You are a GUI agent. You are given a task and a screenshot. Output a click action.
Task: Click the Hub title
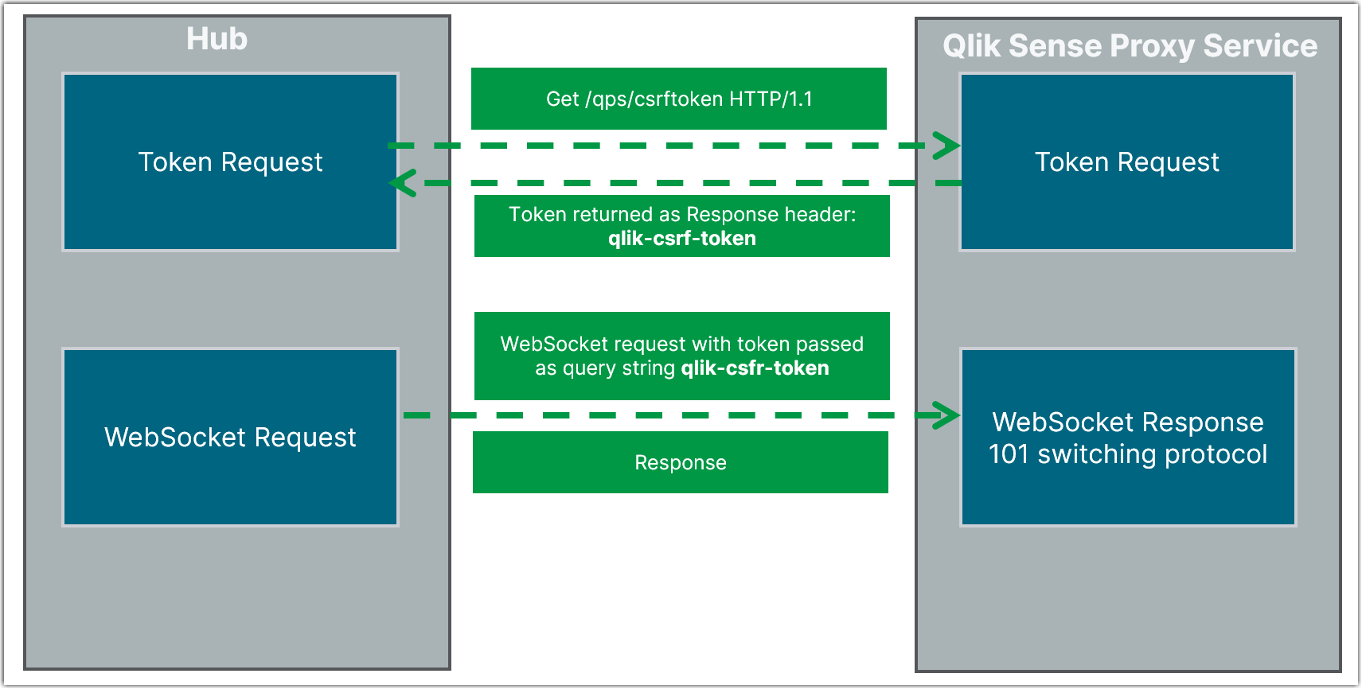(x=217, y=39)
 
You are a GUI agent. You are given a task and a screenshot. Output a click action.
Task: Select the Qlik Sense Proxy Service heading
(x=1130, y=46)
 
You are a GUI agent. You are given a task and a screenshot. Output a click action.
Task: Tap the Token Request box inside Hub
(x=230, y=162)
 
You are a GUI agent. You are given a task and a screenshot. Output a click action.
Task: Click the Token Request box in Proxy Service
(x=1127, y=162)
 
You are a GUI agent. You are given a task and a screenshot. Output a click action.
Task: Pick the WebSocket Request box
(x=230, y=438)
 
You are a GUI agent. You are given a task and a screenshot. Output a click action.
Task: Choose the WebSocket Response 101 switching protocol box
(x=1128, y=438)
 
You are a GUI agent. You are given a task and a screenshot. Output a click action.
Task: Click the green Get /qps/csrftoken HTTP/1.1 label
(x=678, y=99)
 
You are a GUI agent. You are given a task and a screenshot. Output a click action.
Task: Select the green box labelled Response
(x=681, y=462)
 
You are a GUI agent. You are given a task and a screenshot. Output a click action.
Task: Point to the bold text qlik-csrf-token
(x=682, y=239)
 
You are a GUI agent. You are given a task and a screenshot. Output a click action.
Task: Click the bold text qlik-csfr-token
(x=755, y=368)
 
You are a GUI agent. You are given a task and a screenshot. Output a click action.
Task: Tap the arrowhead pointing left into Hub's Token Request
(x=403, y=183)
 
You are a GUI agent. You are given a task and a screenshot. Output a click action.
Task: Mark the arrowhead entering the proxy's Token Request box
(x=947, y=146)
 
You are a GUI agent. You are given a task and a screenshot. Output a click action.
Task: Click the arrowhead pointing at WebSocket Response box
(x=947, y=415)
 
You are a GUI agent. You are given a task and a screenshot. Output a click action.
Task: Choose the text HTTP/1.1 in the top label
(x=771, y=99)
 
